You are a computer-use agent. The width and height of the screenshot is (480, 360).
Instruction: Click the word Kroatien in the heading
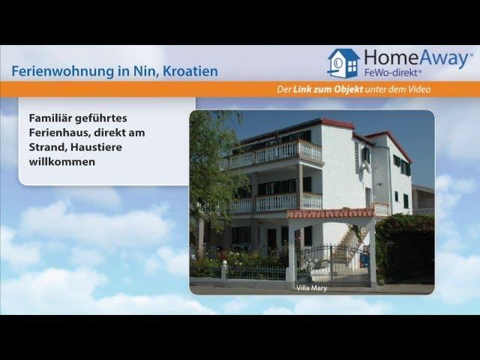190,71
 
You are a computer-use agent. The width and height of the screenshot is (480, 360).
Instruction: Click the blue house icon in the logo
343,63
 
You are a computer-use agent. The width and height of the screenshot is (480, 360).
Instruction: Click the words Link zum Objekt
328,89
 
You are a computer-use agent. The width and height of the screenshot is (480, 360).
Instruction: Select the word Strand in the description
48,147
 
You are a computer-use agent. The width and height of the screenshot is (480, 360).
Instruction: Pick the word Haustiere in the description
97,147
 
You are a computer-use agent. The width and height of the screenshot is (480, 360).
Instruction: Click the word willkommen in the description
62,162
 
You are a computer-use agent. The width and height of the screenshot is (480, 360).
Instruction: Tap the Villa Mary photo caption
312,288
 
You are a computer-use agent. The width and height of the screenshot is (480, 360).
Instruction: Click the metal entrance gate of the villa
334,265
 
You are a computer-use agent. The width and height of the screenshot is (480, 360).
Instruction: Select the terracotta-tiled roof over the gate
330,213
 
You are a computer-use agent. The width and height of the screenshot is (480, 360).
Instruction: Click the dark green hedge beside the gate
405,248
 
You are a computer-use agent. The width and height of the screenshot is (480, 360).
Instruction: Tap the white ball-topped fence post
224,270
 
